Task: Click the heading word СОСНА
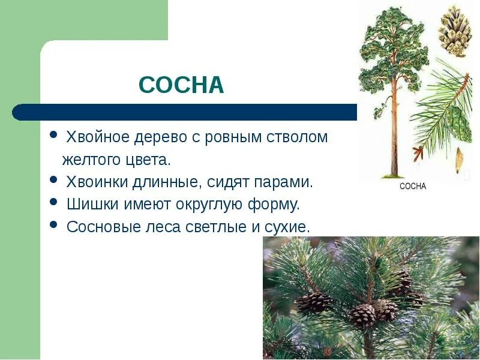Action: (x=181, y=85)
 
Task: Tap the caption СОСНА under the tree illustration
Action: (x=412, y=187)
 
